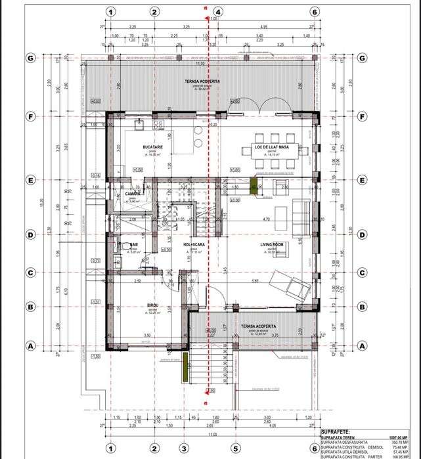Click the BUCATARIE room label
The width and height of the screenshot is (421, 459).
point(152,147)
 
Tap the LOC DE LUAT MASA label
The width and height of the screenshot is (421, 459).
point(276,146)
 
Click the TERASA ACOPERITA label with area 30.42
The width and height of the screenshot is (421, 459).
point(202,81)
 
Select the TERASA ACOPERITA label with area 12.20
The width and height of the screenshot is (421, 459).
point(257,326)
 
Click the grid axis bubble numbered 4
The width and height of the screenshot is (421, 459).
point(217,12)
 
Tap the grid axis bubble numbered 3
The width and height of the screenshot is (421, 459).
point(183,448)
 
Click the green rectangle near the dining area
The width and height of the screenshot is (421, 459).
point(254,185)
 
